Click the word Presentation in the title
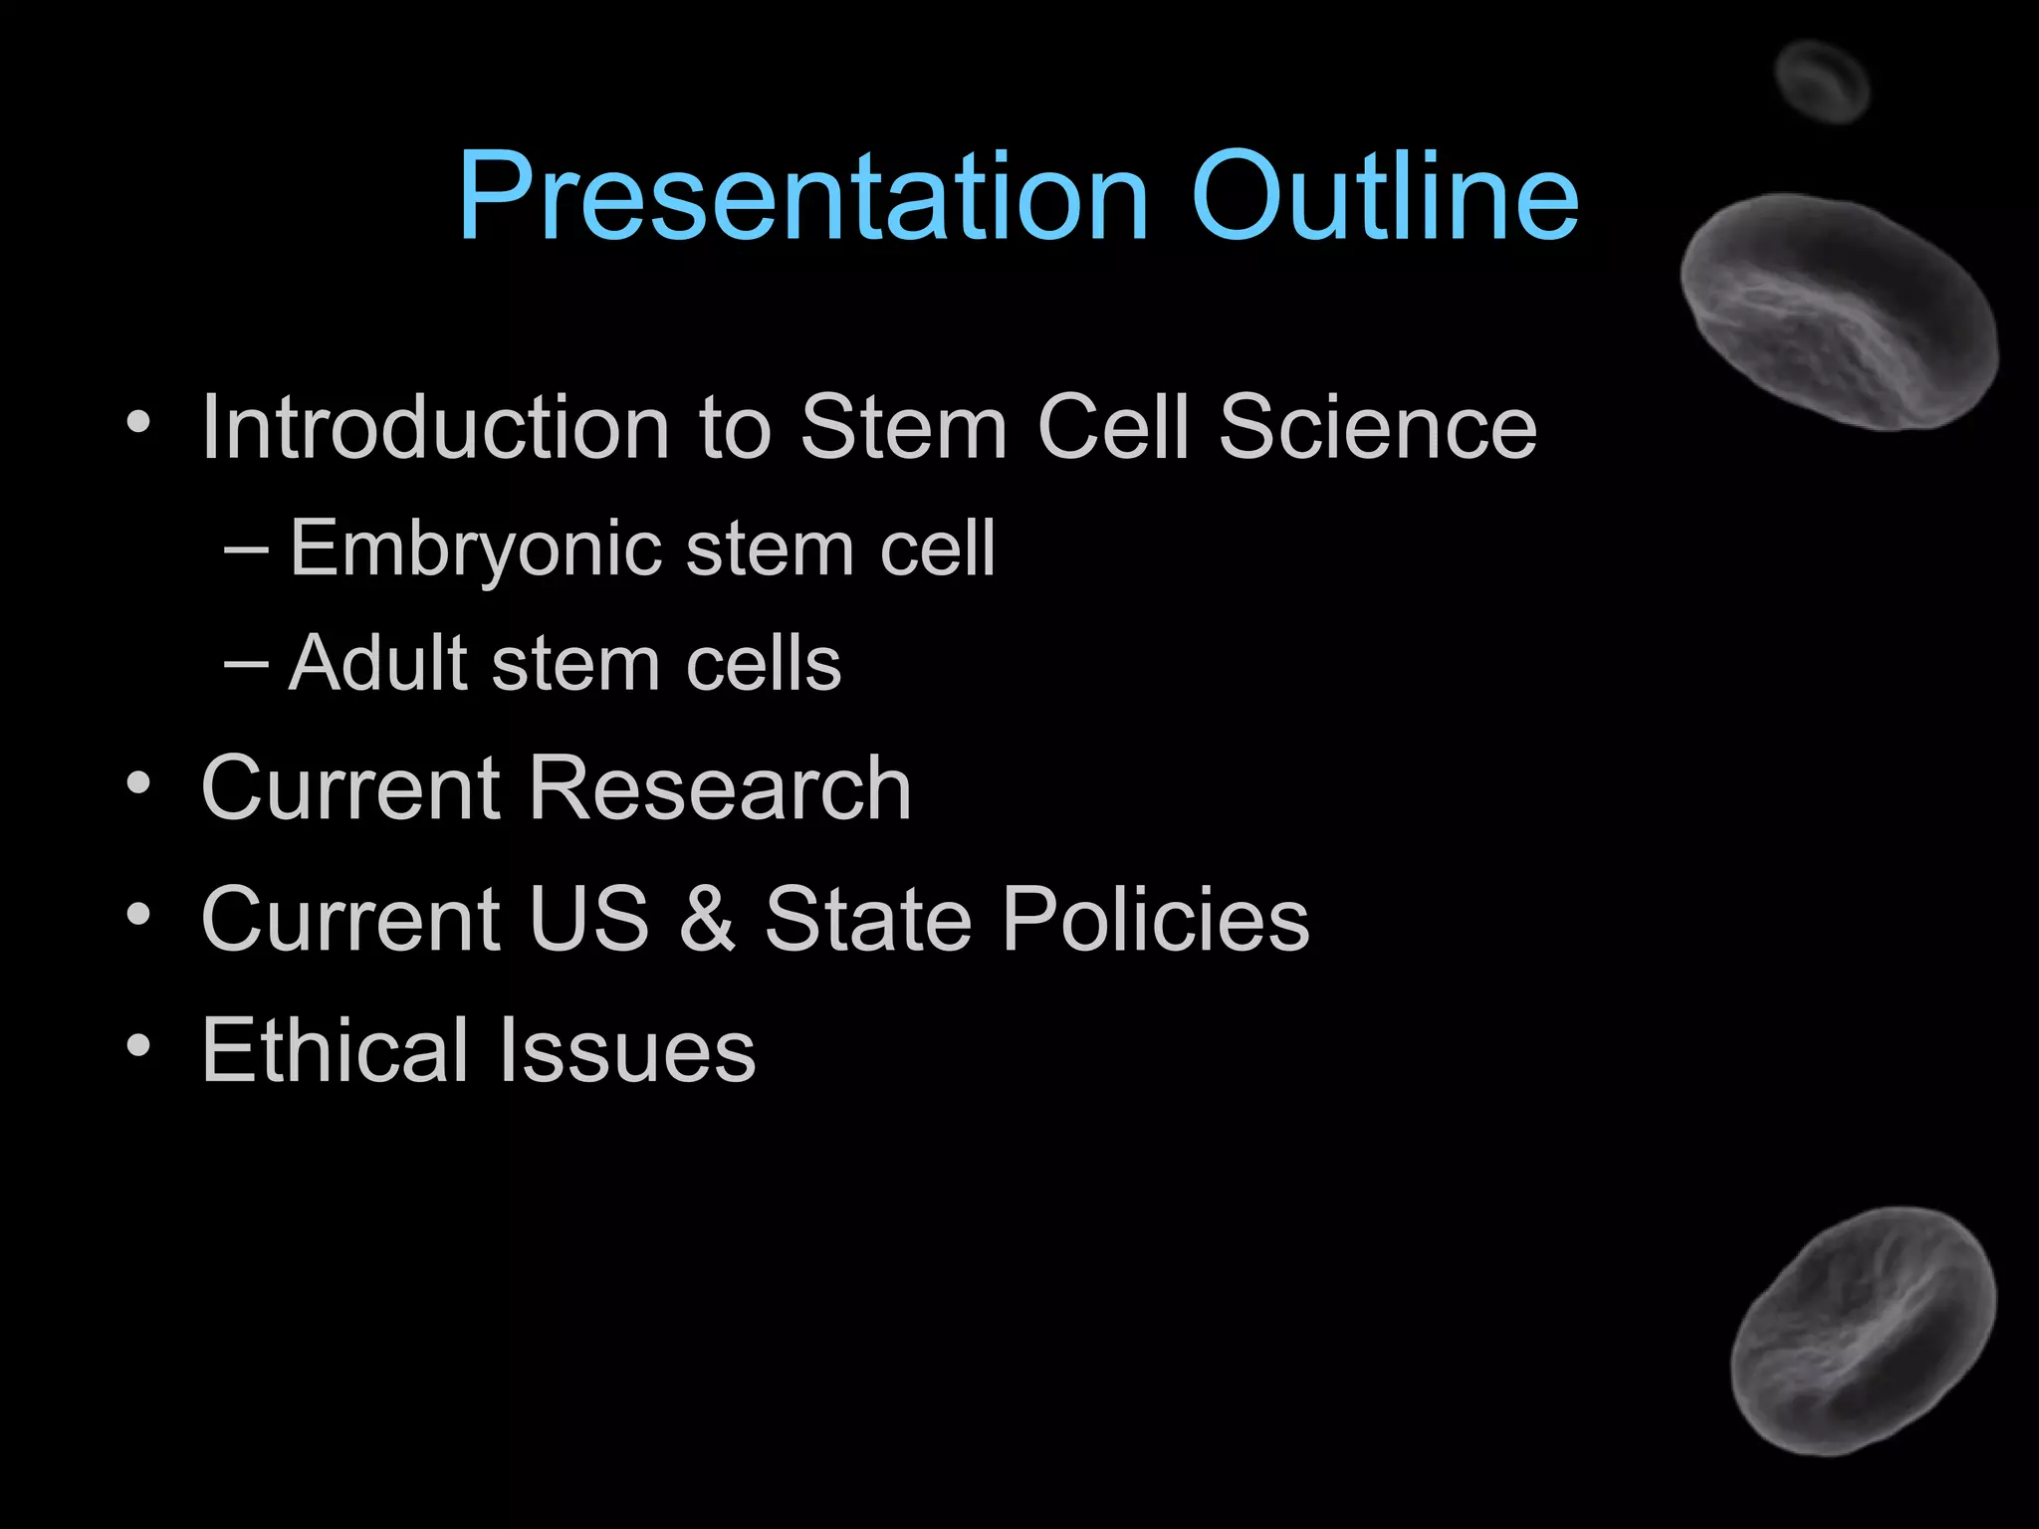pos(802,196)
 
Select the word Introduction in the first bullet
pos(435,427)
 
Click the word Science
pos(1378,427)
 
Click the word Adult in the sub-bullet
pos(377,663)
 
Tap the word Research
pos(719,787)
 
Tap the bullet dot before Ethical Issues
pos(138,1045)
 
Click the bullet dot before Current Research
pos(138,783)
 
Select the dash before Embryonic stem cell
pos(246,549)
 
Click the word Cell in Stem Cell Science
pos(1113,427)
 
